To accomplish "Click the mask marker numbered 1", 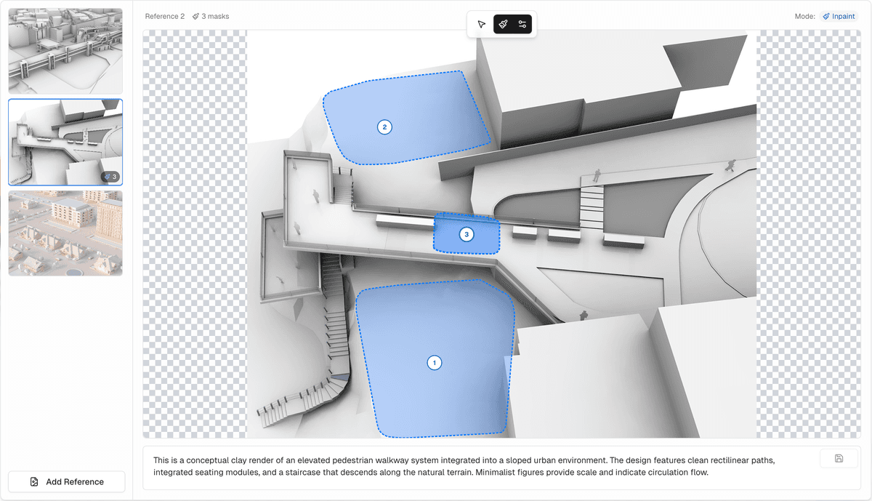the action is [x=435, y=363].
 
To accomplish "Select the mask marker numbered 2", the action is [x=384, y=127].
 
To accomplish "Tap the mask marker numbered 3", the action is [x=467, y=235].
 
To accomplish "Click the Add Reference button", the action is [x=67, y=481].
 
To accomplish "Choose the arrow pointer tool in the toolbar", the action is [x=482, y=24].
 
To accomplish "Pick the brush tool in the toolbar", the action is [x=503, y=24].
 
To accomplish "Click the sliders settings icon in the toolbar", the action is [x=522, y=24].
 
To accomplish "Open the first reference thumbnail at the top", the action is [x=65, y=51].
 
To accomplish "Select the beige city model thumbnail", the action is [x=65, y=233].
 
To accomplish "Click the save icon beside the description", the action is [x=839, y=459].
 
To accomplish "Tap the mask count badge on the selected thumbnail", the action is [x=110, y=177].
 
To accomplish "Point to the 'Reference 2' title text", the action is [x=165, y=17].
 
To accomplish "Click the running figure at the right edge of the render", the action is [x=731, y=166].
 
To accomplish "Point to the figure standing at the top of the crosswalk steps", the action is [x=597, y=175].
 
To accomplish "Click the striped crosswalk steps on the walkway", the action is [x=592, y=207].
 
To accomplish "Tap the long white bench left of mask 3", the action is [x=405, y=221].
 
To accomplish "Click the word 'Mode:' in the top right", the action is [x=804, y=17].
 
